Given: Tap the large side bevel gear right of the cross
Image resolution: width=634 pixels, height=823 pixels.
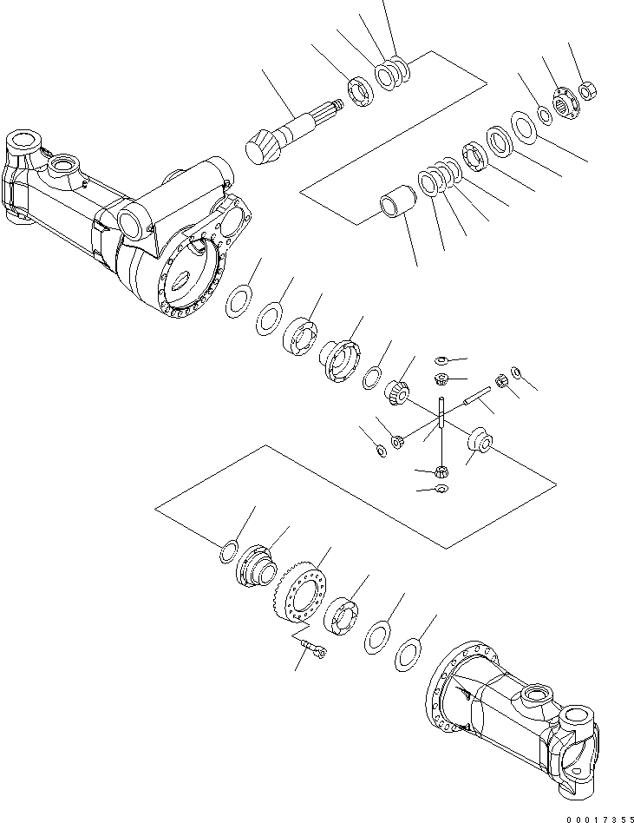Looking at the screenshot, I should click(480, 440).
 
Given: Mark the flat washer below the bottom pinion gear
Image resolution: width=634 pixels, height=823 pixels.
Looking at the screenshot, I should click(441, 491).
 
